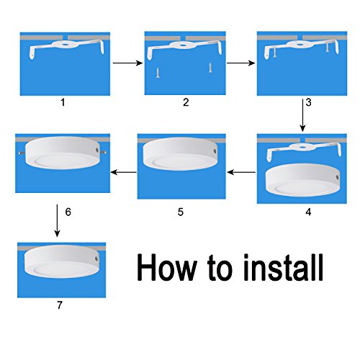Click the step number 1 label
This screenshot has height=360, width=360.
[x=63, y=103]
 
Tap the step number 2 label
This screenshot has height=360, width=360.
[x=186, y=102]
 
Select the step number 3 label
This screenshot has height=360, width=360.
[x=309, y=102]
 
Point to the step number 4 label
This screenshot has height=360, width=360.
[x=309, y=212]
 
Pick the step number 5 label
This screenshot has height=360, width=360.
[x=181, y=212]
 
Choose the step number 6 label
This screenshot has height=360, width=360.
[x=68, y=212]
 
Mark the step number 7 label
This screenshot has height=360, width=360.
[x=60, y=305]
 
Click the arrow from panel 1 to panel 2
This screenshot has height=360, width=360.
[x=127, y=63]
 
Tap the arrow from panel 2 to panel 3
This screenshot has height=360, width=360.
[x=240, y=63]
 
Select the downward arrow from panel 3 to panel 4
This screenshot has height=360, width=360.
[x=302, y=115]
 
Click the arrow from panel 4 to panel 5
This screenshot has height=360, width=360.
[x=241, y=172]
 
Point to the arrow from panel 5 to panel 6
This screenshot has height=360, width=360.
[x=124, y=172]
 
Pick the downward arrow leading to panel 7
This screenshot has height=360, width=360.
[x=57, y=220]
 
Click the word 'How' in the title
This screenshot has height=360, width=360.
[x=167, y=267]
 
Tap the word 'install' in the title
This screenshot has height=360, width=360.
[x=283, y=267]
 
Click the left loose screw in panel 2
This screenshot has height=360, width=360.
[x=158, y=73]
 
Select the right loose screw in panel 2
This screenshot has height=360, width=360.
[x=210, y=68]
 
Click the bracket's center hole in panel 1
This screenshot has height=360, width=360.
[x=66, y=44]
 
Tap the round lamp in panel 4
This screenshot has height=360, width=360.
[x=302, y=181]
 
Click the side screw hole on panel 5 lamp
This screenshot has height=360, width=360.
[x=215, y=152]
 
